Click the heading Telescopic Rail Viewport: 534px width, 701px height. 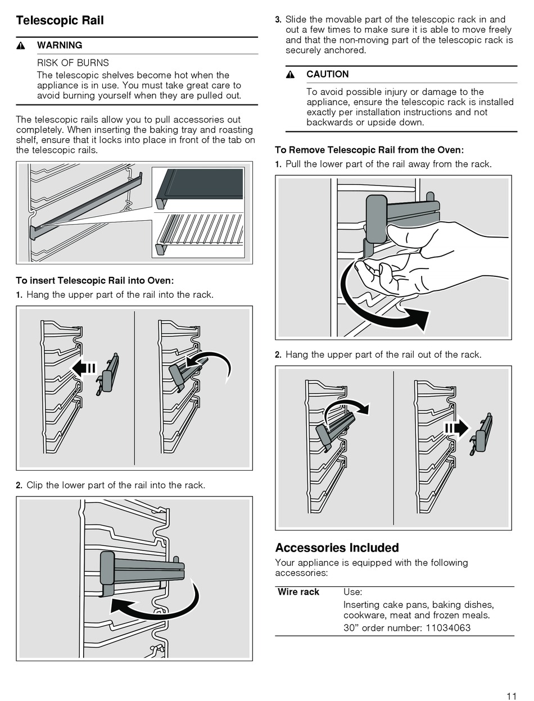(x=60, y=21)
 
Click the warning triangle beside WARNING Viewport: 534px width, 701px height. (x=21, y=45)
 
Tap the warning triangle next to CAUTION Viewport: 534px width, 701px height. (x=290, y=75)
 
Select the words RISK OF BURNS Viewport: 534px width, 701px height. (x=73, y=63)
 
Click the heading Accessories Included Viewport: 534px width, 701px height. (x=337, y=548)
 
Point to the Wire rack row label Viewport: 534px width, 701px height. (x=298, y=592)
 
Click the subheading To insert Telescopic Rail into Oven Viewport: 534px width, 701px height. (x=94, y=280)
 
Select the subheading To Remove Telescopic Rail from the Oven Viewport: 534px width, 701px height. (x=369, y=150)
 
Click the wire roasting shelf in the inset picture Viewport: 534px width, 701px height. (x=200, y=231)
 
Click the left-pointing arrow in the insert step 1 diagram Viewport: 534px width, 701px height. (x=83, y=368)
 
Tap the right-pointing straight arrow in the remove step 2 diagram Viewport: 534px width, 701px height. (x=456, y=429)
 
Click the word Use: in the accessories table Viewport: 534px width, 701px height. (x=352, y=592)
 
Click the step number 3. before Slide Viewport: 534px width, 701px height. (x=278, y=20)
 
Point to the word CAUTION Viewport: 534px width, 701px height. (x=327, y=74)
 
